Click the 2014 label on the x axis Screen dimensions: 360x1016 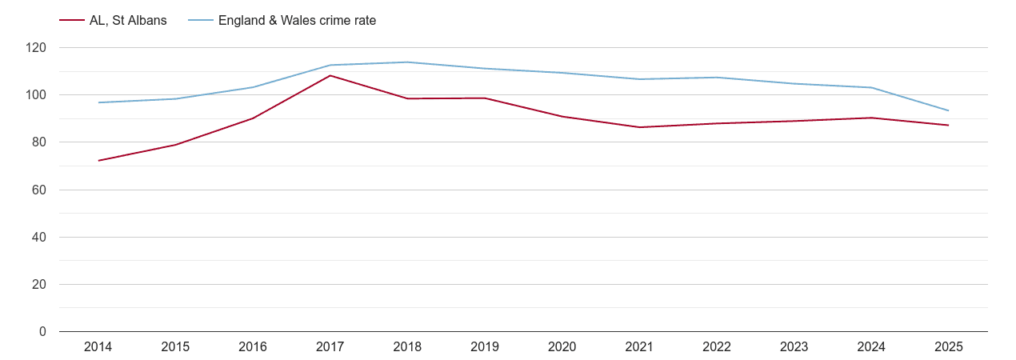[x=98, y=347]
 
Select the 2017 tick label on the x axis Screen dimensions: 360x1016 [x=330, y=347]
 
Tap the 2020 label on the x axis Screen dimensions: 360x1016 [x=562, y=347]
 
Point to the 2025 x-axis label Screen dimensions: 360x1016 [x=949, y=347]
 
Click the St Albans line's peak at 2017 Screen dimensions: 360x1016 [x=330, y=76]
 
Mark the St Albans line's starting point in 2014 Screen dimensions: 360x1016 [x=98, y=161]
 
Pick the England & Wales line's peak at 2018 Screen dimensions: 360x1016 [x=408, y=62]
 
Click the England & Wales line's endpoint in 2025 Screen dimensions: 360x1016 [x=949, y=110]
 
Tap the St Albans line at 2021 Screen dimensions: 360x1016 [x=640, y=127]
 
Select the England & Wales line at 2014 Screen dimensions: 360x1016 [x=98, y=102]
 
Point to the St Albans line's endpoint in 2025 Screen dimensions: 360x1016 [x=949, y=126]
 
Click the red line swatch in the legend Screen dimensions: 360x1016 [x=72, y=21]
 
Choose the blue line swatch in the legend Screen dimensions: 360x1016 [x=200, y=21]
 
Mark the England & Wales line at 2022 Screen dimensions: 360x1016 [x=717, y=78]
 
